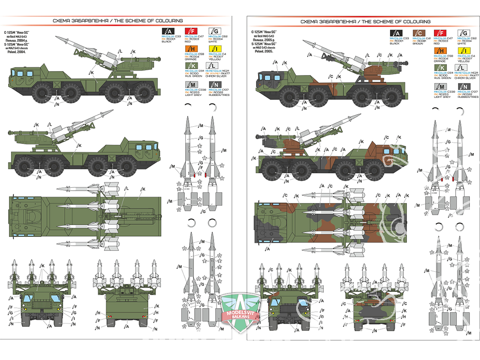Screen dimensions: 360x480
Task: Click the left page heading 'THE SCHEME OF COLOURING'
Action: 153,21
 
